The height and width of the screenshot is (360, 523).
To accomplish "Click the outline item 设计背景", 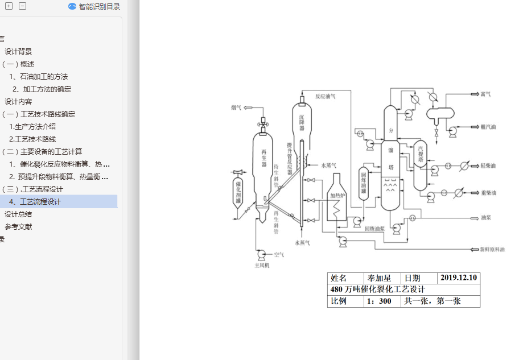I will (x=18, y=51).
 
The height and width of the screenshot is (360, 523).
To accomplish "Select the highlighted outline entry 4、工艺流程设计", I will (x=40, y=201).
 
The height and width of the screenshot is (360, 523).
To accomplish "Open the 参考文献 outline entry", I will (x=18, y=226).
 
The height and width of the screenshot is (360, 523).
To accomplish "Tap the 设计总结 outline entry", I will (x=18, y=214).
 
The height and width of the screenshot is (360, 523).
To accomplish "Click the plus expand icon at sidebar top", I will (x=9, y=6).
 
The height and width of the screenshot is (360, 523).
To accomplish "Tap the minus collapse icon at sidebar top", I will (x=22, y=6).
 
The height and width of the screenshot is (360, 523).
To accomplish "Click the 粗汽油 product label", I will (x=488, y=127).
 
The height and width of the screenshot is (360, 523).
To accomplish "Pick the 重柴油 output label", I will (x=488, y=193).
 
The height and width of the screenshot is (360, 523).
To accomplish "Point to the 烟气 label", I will (x=236, y=107).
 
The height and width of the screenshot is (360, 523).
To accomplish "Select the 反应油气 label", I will (x=326, y=96).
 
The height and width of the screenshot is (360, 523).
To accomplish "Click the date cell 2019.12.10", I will (x=459, y=278).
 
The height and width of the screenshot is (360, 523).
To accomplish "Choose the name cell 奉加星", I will (x=380, y=278).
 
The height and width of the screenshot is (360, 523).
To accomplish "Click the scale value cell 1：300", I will (x=380, y=301).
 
